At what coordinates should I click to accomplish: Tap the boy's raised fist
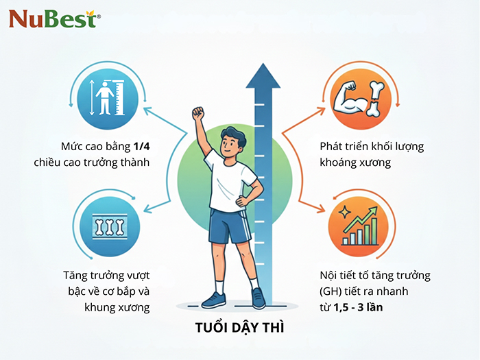[198, 112]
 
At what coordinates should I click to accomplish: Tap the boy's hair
[233, 133]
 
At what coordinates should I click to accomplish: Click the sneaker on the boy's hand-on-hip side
[258, 298]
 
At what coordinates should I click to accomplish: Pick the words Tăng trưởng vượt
[106, 276]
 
